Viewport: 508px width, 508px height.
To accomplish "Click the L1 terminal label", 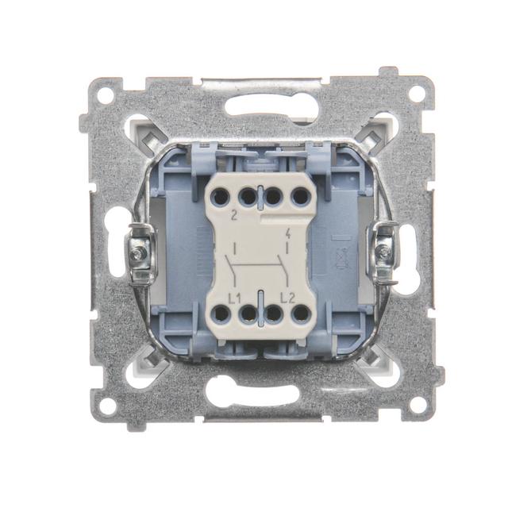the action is (235, 299).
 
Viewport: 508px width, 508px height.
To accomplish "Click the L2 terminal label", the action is (287, 298).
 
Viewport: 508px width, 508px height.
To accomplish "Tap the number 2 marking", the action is (233, 216).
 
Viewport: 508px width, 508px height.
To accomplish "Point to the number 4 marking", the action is (287, 233).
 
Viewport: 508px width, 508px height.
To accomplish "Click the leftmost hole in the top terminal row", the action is (220, 197).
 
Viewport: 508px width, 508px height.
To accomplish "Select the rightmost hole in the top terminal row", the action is (301, 196).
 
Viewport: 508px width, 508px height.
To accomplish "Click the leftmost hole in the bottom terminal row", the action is (221, 314).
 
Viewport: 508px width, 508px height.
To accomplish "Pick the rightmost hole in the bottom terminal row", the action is (301, 314).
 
